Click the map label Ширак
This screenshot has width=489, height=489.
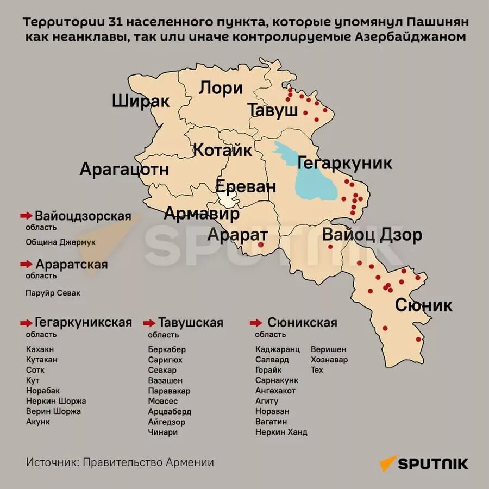(x=141, y=101)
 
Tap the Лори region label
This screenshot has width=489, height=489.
(x=220, y=88)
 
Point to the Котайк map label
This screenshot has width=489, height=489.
(x=223, y=150)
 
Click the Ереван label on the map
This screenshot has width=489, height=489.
(x=246, y=186)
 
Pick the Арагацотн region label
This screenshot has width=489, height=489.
(x=124, y=169)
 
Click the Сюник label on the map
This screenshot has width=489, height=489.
(x=423, y=305)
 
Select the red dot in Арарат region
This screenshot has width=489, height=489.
(x=261, y=245)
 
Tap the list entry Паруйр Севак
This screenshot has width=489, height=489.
(x=53, y=293)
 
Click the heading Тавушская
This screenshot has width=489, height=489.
(x=190, y=323)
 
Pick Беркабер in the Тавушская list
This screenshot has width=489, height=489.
(x=167, y=349)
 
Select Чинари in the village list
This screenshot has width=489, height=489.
(x=163, y=432)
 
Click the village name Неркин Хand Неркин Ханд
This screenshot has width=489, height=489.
(x=281, y=432)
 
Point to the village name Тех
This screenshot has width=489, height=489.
(x=317, y=370)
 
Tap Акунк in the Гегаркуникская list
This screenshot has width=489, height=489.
(x=38, y=422)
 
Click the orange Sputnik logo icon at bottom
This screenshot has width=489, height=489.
(x=388, y=463)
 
